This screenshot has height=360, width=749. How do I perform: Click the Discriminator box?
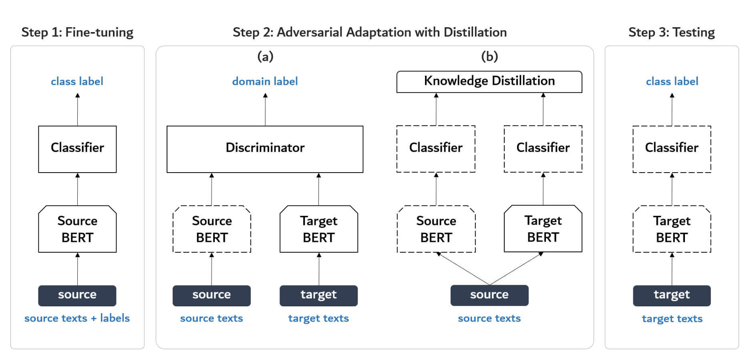coord(265,149)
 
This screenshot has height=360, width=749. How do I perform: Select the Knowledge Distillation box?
coord(489,82)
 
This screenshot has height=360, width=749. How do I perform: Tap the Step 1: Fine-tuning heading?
coord(77,32)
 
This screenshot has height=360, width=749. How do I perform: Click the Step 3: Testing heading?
coord(671,32)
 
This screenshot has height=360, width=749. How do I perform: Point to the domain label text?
coord(265,81)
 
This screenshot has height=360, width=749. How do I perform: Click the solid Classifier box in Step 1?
coord(77,149)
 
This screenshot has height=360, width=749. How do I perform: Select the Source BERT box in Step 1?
coord(77,229)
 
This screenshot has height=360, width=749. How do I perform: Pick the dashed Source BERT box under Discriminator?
coord(211,229)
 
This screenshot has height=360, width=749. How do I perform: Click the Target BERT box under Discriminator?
coord(318,229)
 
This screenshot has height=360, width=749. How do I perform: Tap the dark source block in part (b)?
coord(489,295)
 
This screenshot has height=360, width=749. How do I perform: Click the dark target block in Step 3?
coord(672,296)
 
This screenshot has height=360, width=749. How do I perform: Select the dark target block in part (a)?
coord(318,296)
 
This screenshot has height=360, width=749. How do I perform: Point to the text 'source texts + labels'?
coord(77,318)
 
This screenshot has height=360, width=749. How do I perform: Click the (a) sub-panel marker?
coord(265,56)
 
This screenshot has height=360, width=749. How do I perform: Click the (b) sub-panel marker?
coord(489,56)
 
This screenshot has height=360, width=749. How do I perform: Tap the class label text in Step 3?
coord(672,81)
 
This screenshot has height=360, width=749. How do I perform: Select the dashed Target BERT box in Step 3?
coord(672,229)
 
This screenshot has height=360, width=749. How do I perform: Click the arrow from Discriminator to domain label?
coord(265,110)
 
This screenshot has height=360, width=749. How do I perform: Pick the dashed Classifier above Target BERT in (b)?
coord(543,149)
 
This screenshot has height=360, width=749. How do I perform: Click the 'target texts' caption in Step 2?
coord(318,318)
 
